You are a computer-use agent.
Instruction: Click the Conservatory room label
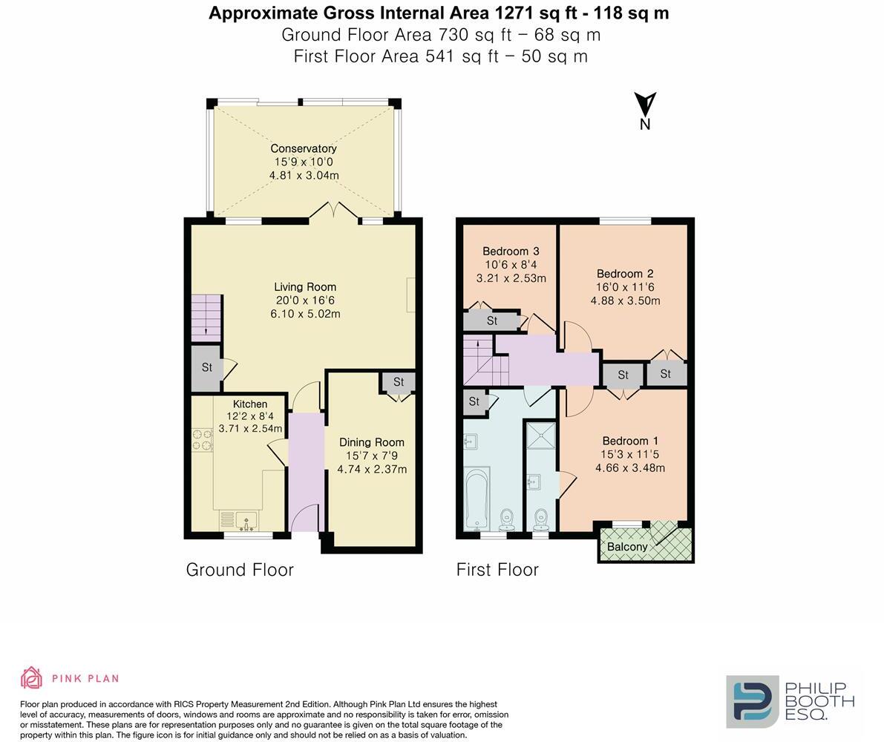(x=303, y=148)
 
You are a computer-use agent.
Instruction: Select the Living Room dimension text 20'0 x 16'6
(x=305, y=301)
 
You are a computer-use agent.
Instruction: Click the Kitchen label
(x=250, y=404)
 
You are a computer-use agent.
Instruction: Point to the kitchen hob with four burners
(x=202, y=439)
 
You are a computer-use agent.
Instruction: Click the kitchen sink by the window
(x=238, y=520)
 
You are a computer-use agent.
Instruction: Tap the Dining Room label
(x=371, y=442)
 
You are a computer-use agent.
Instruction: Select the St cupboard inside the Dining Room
(x=399, y=382)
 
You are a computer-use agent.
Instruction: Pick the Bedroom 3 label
(x=511, y=252)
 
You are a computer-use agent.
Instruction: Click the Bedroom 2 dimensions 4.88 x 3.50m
(x=625, y=301)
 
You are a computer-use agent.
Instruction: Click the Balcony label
(x=627, y=547)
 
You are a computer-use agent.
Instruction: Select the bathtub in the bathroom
(x=476, y=499)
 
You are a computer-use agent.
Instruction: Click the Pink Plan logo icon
(x=31, y=677)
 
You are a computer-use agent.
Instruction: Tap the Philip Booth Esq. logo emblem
(x=752, y=701)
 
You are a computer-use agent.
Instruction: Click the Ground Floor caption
(x=240, y=570)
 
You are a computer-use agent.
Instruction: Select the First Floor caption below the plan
(x=497, y=570)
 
